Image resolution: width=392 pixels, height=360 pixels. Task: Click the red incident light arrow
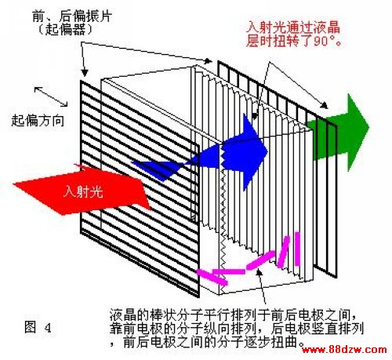(84, 191)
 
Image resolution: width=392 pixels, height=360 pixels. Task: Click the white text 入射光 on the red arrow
(83, 191)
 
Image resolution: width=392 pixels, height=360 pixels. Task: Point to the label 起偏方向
(38, 121)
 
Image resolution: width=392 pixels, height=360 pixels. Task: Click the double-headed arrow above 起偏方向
(51, 96)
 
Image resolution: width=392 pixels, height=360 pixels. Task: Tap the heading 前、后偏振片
(72, 16)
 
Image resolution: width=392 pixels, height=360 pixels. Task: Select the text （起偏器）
(65, 30)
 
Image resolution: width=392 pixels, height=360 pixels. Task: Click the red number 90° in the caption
(325, 41)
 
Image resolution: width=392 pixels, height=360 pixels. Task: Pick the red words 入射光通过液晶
(293, 27)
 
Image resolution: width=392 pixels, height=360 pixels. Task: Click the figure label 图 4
(38, 327)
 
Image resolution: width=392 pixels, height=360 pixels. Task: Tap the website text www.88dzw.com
(344, 349)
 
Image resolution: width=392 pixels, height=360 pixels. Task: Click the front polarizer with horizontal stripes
(140, 188)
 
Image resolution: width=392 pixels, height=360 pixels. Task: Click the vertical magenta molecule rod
(297, 249)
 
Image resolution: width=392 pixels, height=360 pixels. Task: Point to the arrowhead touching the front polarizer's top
(84, 72)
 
